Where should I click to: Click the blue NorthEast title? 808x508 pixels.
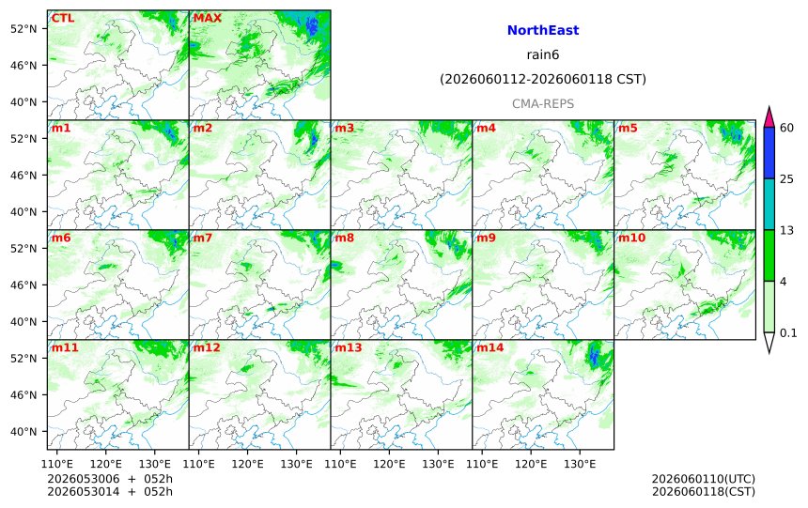coord(543,30)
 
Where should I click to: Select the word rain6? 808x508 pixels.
coord(543,54)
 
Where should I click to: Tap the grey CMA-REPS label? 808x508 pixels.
coord(543,104)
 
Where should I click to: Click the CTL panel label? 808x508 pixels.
coord(63,18)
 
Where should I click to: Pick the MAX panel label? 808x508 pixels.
coord(207,18)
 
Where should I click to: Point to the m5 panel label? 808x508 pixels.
coord(628,128)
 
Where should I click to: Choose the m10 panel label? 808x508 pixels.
coord(631,238)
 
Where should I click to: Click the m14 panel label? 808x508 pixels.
coord(489,347)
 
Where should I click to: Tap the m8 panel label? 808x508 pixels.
coord(344,238)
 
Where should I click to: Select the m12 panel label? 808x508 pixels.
coord(206,347)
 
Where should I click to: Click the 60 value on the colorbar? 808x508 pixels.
coord(786,128)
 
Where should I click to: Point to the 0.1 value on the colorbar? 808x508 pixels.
coord(788,332)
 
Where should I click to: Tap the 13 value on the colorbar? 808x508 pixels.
coord(786,230)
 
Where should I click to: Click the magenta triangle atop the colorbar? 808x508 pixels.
coord(769,118)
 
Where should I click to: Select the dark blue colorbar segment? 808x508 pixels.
coord(769,152)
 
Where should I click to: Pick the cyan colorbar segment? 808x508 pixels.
coord(769,204)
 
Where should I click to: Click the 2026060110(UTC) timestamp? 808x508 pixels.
coord(704,479)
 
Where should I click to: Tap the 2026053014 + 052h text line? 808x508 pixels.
coord(110,491)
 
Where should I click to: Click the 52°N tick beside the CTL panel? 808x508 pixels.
coord(23,29)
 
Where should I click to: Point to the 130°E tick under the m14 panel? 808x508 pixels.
coord(581,464)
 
